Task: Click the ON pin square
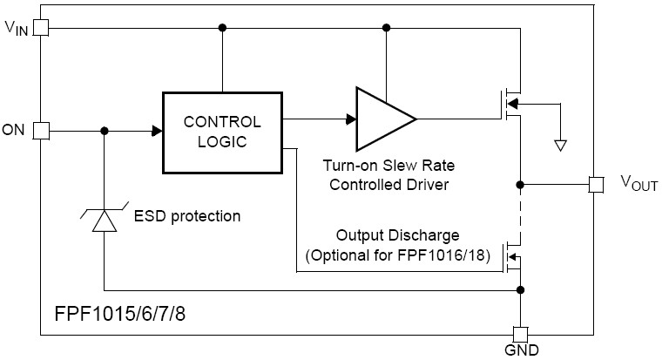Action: coord(40,131)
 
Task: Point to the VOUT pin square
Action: coord(596,184)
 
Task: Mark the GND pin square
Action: coord(520,334)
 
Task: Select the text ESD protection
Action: coord(187,214)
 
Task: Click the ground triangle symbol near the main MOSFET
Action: coord(561,145)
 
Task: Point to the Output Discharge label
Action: coord(397,236)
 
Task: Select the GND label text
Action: coord(521,351)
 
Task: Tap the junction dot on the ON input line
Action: coord(105,131)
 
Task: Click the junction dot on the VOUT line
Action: coord(520,184)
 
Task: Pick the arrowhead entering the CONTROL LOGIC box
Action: coord(157,131)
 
